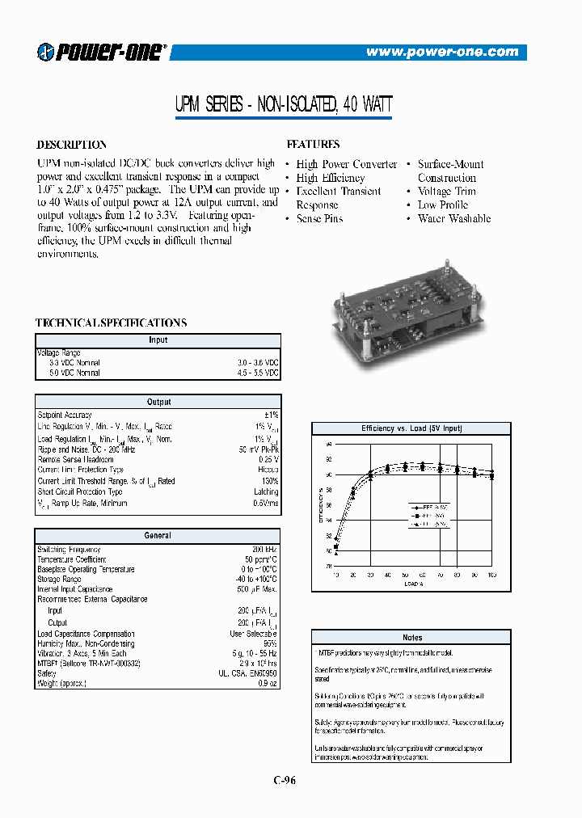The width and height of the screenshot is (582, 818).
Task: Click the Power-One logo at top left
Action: pyautogui.click(x=102, y=52)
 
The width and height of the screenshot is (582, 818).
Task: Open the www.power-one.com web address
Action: pyautogui.click(x=442, y=52)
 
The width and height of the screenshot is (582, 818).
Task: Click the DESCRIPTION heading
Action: pyautogui.click(x=72, y=145)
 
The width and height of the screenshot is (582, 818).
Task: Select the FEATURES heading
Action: pyautogui.click(x=313, y=144)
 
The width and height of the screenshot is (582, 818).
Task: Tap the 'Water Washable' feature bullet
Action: pyautogui.click(x=453, y=219)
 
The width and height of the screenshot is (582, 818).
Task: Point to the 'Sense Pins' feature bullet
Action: pyautogui.click(x=319, y=219)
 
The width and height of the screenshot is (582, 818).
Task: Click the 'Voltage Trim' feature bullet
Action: pyautogui.click(x=446, y=192)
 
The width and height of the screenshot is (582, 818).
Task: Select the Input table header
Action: pyautogui.click(x=158, y=340)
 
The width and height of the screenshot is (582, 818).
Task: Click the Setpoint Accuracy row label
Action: pyautogui.click(x=65, y=415)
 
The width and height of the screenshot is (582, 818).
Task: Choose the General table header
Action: pyautogui.click(x=158, y=535)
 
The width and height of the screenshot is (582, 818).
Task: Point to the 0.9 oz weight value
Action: pyautogui.click(x=268, y=684)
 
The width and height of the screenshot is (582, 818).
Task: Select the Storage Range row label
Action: pyautogui.click(x=59, y=579)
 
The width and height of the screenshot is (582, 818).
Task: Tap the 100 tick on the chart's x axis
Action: pyautogui.click(x=491, y=575)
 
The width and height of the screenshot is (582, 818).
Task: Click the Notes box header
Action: pyautogui.click(x=412, y=637)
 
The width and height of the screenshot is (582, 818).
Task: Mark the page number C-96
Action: pyautogui.click(x=291, y=780)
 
